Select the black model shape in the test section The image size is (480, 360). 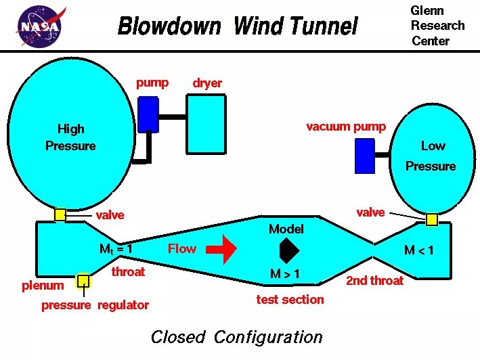(x=289, y=250)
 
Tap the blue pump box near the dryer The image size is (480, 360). (x=148, y=114)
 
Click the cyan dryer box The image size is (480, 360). (x=206, y=124)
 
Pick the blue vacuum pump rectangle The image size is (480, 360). (x=364, y=156)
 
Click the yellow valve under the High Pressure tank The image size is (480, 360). (x=60, y=215)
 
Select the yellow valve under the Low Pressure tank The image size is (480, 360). (x=431, y=219)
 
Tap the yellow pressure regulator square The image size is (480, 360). (x=83, y=281)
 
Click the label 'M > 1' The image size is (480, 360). (x=285, y=274)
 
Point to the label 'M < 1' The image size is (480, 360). (x=419, y=250)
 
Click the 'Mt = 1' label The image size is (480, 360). (x=116, y=249)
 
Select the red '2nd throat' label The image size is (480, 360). (x=374, y=280)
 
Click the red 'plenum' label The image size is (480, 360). (x=43, y=286)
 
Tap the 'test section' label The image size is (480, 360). (x=290, y=299)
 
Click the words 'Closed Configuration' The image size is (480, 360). (x=236, y=337)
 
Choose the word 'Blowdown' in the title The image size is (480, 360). (x=169, y=27)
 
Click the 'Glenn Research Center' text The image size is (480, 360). (x=437, y=26)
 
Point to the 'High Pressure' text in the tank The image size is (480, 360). (x=70, y=137)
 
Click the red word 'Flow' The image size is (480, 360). (x=182, y=248)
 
